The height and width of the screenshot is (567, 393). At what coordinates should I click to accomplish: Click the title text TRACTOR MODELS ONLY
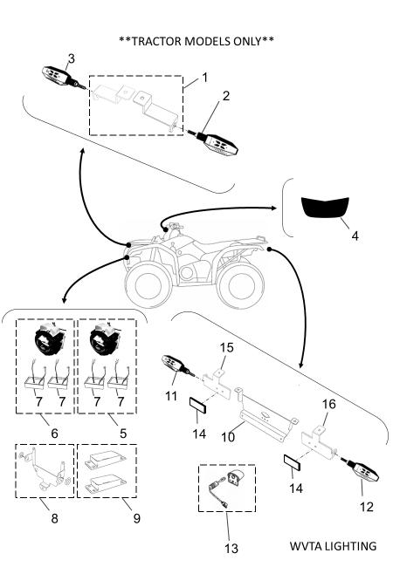196,41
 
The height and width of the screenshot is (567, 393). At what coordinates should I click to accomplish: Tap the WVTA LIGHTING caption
333,546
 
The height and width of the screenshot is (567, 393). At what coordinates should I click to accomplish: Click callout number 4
355,236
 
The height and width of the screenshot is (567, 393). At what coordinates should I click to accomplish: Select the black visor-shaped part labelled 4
325,208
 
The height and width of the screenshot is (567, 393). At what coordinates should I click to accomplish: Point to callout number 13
231,549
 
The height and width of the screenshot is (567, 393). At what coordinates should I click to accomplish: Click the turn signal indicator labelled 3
61,78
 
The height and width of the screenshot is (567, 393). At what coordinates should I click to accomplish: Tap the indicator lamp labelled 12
361,472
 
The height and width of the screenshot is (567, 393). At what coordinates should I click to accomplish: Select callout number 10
228,437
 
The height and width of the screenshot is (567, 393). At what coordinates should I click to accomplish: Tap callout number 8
54,518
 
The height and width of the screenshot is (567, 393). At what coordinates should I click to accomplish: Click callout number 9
137,518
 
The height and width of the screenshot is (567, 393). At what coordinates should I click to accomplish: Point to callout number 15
227,347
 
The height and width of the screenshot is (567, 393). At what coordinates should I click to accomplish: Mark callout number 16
329,404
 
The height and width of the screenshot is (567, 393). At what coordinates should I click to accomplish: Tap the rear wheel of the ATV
240,286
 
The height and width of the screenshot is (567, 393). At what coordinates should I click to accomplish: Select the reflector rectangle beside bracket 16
292,463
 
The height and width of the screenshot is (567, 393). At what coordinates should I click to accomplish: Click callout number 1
205,78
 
